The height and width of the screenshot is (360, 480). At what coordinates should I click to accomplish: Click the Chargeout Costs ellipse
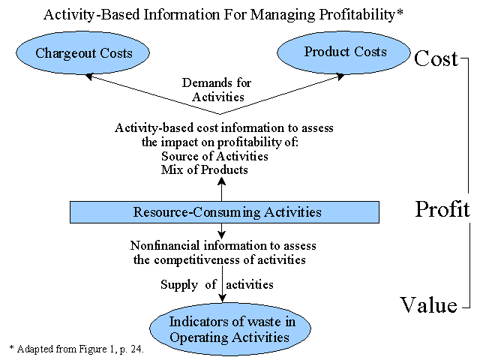click(x=82, y=52)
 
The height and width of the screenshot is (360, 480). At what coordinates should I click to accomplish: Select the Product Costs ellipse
click(x=343, y=52)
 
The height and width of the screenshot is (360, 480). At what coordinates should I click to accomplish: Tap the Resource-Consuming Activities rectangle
click(x=224, y=212)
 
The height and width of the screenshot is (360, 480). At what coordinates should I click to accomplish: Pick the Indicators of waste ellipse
click(x=230, y=328)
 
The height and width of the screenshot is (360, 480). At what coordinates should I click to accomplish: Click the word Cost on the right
click(x=436, y=58)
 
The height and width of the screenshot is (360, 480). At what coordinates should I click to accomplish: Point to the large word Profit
click(x=442, y=208)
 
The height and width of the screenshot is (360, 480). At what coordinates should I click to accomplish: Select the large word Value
click(x=428, y=305)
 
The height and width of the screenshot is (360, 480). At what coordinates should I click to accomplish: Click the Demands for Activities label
click(x=217, y=90)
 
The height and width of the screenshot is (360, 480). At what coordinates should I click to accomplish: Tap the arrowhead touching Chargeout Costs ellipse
click(x=88, y=76)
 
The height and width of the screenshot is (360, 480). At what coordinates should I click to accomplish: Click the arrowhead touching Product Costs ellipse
click(x=340, y=76)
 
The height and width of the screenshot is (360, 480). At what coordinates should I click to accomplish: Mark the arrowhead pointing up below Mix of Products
click(x=222, y=181)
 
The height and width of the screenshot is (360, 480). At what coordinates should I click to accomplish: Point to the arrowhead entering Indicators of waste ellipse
click(x=222, y=298)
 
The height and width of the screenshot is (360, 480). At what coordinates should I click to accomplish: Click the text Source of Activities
click(x=214, y=156)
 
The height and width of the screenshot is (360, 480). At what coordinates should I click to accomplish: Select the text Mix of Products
click(x=204, y=169)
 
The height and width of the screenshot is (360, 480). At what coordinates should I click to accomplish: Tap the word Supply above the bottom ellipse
click(x=179, y=285)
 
